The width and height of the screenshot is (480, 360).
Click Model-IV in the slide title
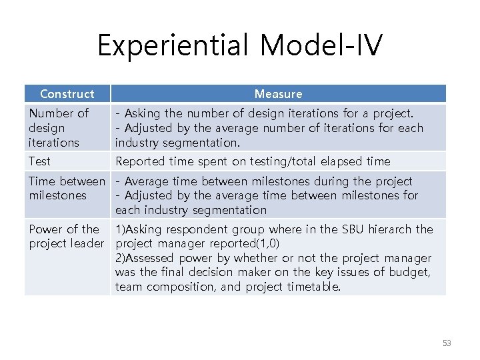pyautogui.click(x=321, y=46)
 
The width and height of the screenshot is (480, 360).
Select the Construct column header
pyautogui.click(x=67, y=94)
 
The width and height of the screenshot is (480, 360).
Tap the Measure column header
pyautogui.click(x=278, y=94)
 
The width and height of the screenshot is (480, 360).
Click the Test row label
pyautogui.click(x=39, y=161)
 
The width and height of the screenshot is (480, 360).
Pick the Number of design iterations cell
pyautogui.click(x=59, y=128)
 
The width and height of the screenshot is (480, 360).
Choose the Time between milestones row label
pyautogui.click(x=67, y=188)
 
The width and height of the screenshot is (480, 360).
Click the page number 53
pyautogui.click(x=446, y=343)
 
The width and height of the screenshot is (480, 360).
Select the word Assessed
pyautogui.click(x=148, y=258)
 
